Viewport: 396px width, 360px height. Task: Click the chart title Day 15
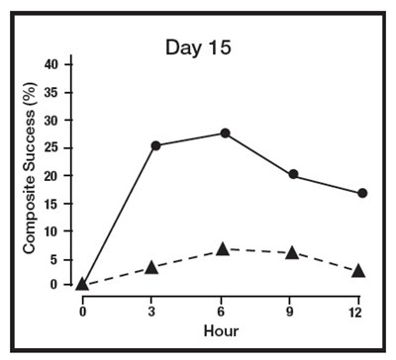click(200, 46)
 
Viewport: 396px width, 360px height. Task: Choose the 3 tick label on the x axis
click(151, 310)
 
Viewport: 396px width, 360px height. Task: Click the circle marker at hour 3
click(155, 145)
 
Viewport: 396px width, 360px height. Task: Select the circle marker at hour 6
click(225, 133)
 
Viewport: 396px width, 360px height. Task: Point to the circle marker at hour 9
click(294, 175)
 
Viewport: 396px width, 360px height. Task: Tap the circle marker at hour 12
click(362, 193)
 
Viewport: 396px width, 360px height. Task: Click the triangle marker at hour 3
click(151, 267)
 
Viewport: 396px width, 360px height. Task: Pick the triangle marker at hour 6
click(223, 249)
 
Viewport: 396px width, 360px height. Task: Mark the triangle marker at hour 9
click(292, 252)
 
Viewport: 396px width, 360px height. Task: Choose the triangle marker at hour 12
click(358, 270)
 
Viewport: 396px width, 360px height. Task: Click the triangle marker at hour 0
click(82, 284)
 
